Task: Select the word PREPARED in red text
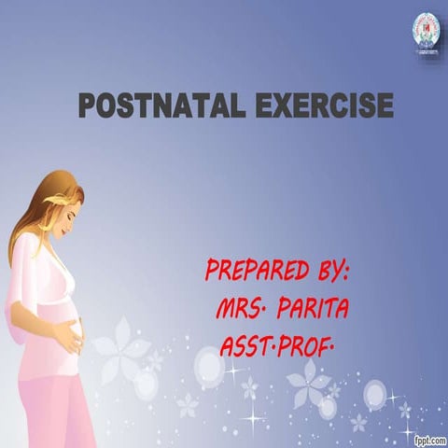coord(255,273)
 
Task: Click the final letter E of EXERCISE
coord(385,105)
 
